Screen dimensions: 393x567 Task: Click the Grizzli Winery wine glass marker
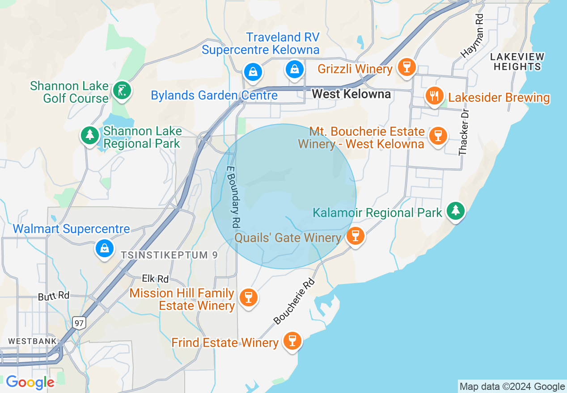pos(406,67)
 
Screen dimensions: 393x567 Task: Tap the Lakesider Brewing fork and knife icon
pos(434,96)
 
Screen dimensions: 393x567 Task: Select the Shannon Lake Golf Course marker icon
pos(122,91)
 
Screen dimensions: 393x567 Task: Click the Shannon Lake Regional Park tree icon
pos(90,134)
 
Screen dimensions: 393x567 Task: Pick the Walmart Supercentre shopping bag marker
pos(105,248)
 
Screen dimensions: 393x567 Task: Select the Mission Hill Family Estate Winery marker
pos(248,297)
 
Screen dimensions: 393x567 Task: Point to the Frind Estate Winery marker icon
pos(292,341)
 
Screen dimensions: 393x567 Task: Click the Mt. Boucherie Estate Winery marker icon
pos(438,135)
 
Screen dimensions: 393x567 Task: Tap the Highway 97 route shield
pos(80,322)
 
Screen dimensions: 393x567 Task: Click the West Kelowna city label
pos(351,94)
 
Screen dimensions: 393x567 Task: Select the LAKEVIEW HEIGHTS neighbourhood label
pos(517,62)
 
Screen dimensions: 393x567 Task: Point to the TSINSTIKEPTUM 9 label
pos(169,255)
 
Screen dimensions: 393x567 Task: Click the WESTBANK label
pos(33,341)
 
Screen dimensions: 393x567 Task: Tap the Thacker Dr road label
pos(463,132)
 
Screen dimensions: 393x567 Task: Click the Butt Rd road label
pos(54,296)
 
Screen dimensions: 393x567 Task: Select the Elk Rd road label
pos(155,279)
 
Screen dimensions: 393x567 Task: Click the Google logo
pos(30,382)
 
